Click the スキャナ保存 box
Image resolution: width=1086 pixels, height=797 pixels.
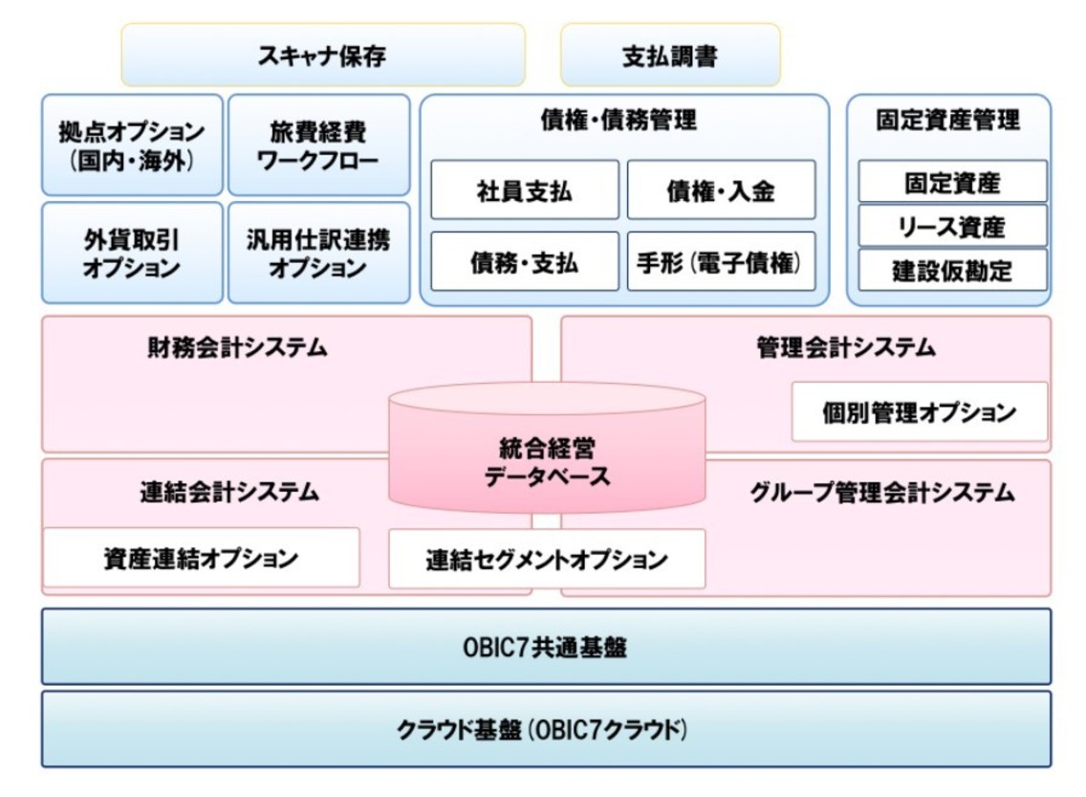pos(322,55)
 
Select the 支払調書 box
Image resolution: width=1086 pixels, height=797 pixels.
pos(669,55)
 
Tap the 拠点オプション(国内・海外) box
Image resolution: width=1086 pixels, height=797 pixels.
pos(132,144)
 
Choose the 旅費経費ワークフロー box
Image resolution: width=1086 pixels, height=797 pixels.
pos(318,144)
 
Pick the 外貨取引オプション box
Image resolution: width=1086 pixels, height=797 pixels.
pos(132,253)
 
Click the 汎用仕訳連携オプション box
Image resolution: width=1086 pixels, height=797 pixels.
pos(318,253)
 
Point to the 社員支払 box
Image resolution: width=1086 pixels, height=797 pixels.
pos(524,190)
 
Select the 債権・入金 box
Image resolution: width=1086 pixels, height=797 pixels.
pos(721,190)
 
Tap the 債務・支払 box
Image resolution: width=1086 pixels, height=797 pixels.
pos(524,261)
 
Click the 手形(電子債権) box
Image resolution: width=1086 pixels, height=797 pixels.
pos(721,261)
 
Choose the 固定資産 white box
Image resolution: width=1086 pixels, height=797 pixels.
pos(952,182)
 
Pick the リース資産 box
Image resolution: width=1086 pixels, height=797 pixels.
pos(952,227)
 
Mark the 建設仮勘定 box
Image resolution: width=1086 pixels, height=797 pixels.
pos(952,271)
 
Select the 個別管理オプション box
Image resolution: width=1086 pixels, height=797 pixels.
pos(919,412)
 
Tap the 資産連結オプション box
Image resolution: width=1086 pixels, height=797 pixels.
pos(201,558)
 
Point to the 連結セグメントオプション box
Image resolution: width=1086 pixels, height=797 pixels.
pos(547,559)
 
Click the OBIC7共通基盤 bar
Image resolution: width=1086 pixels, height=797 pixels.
pos(546,647)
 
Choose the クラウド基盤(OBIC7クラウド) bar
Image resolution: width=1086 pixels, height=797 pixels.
pos(546,729)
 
